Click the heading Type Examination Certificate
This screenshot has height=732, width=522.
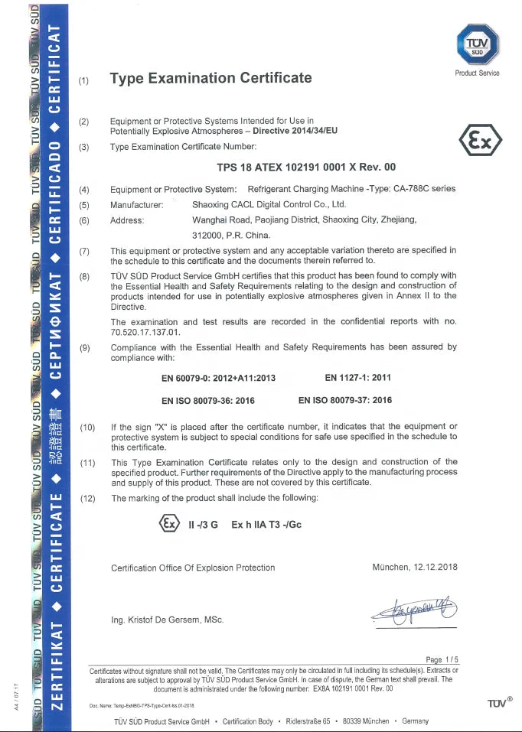(x=210, y=78)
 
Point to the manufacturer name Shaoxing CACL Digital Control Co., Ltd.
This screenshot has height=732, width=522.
(x=269, y=205)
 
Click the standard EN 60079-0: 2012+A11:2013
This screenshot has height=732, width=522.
(x=219, y=378)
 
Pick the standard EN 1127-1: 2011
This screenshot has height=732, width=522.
(x=358, y=378)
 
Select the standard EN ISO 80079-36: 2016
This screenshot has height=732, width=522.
(x=208, y=400)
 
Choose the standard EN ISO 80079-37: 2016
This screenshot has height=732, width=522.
(x=345, y=400)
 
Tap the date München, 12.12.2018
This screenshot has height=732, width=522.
(x=414, y=568)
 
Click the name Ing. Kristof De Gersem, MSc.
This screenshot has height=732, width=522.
(x=168, y=620)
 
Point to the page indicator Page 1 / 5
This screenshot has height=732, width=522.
(x=442, y=659)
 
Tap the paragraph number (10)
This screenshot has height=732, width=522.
(x=87, y=427)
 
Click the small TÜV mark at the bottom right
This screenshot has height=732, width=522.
(x=499, y=702)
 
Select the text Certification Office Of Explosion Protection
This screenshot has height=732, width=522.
(x=193, y=568)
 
